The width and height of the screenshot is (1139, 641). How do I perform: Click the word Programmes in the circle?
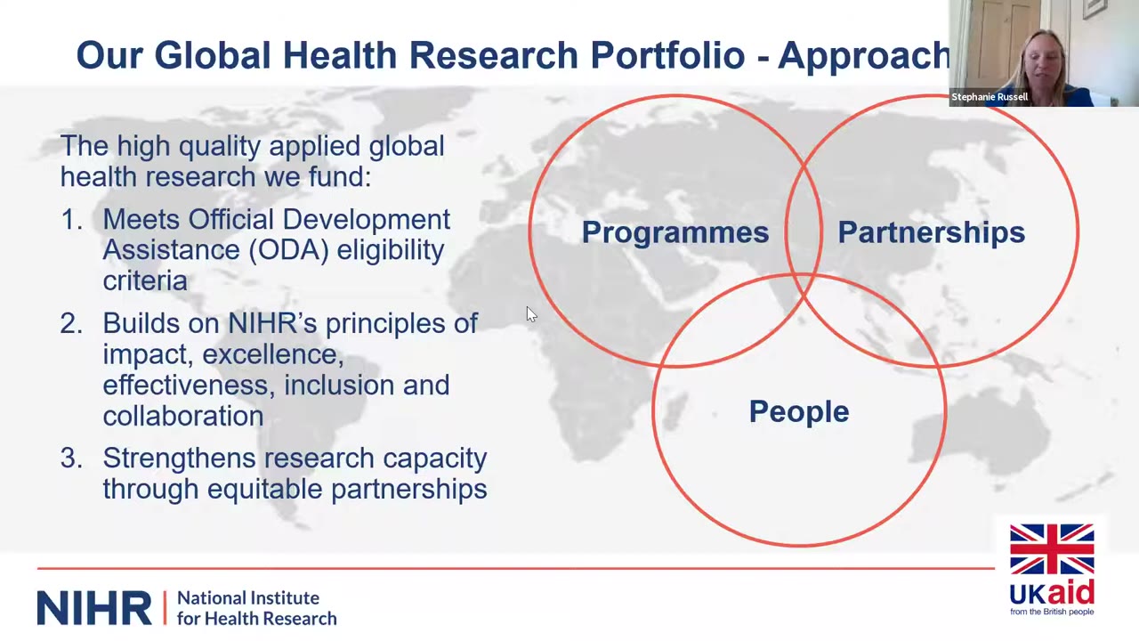pyautogui.click(x=675, y=232)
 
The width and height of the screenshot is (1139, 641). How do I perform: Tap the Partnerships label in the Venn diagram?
pyautogui.click(x=931, y=232)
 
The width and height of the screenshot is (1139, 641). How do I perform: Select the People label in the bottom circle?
pyautogui.click(x=799, y=411)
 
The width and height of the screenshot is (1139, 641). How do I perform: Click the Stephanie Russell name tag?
pyautogui.click(x=990, y=97)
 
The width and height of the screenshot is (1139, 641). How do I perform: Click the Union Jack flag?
pyautogui.click(x=1052, y=549)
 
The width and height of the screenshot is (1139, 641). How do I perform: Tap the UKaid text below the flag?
pyautogui.click(x=1052, y=593)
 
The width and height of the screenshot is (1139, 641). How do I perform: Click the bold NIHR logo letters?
pyautogui.click(x=94, y=608)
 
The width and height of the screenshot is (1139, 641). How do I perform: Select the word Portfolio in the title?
pyautogui.click(x=667, y=55)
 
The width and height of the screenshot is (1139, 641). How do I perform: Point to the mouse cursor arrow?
pyautogui.click(x=531, y=314)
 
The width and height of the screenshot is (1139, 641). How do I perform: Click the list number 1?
pyautogui.click(x=70, y=220)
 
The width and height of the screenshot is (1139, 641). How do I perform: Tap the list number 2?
pyautogui.click(x=71, y=323)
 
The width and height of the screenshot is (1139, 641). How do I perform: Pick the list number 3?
pyautogui.click(x=71, y=458)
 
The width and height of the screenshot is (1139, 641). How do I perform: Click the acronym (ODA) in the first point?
pyautogui.click(x=288, y=250)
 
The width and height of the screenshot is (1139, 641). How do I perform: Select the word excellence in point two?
pyautogui.click(x=273, y=354)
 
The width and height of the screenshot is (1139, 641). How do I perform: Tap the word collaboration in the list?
pyautogui.click(x=183, y=416)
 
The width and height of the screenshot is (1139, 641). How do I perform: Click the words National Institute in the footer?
pyautogui.click(x=248, y=598)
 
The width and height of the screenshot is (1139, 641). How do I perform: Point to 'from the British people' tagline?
pyautogui.click(x=1052, y=612)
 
